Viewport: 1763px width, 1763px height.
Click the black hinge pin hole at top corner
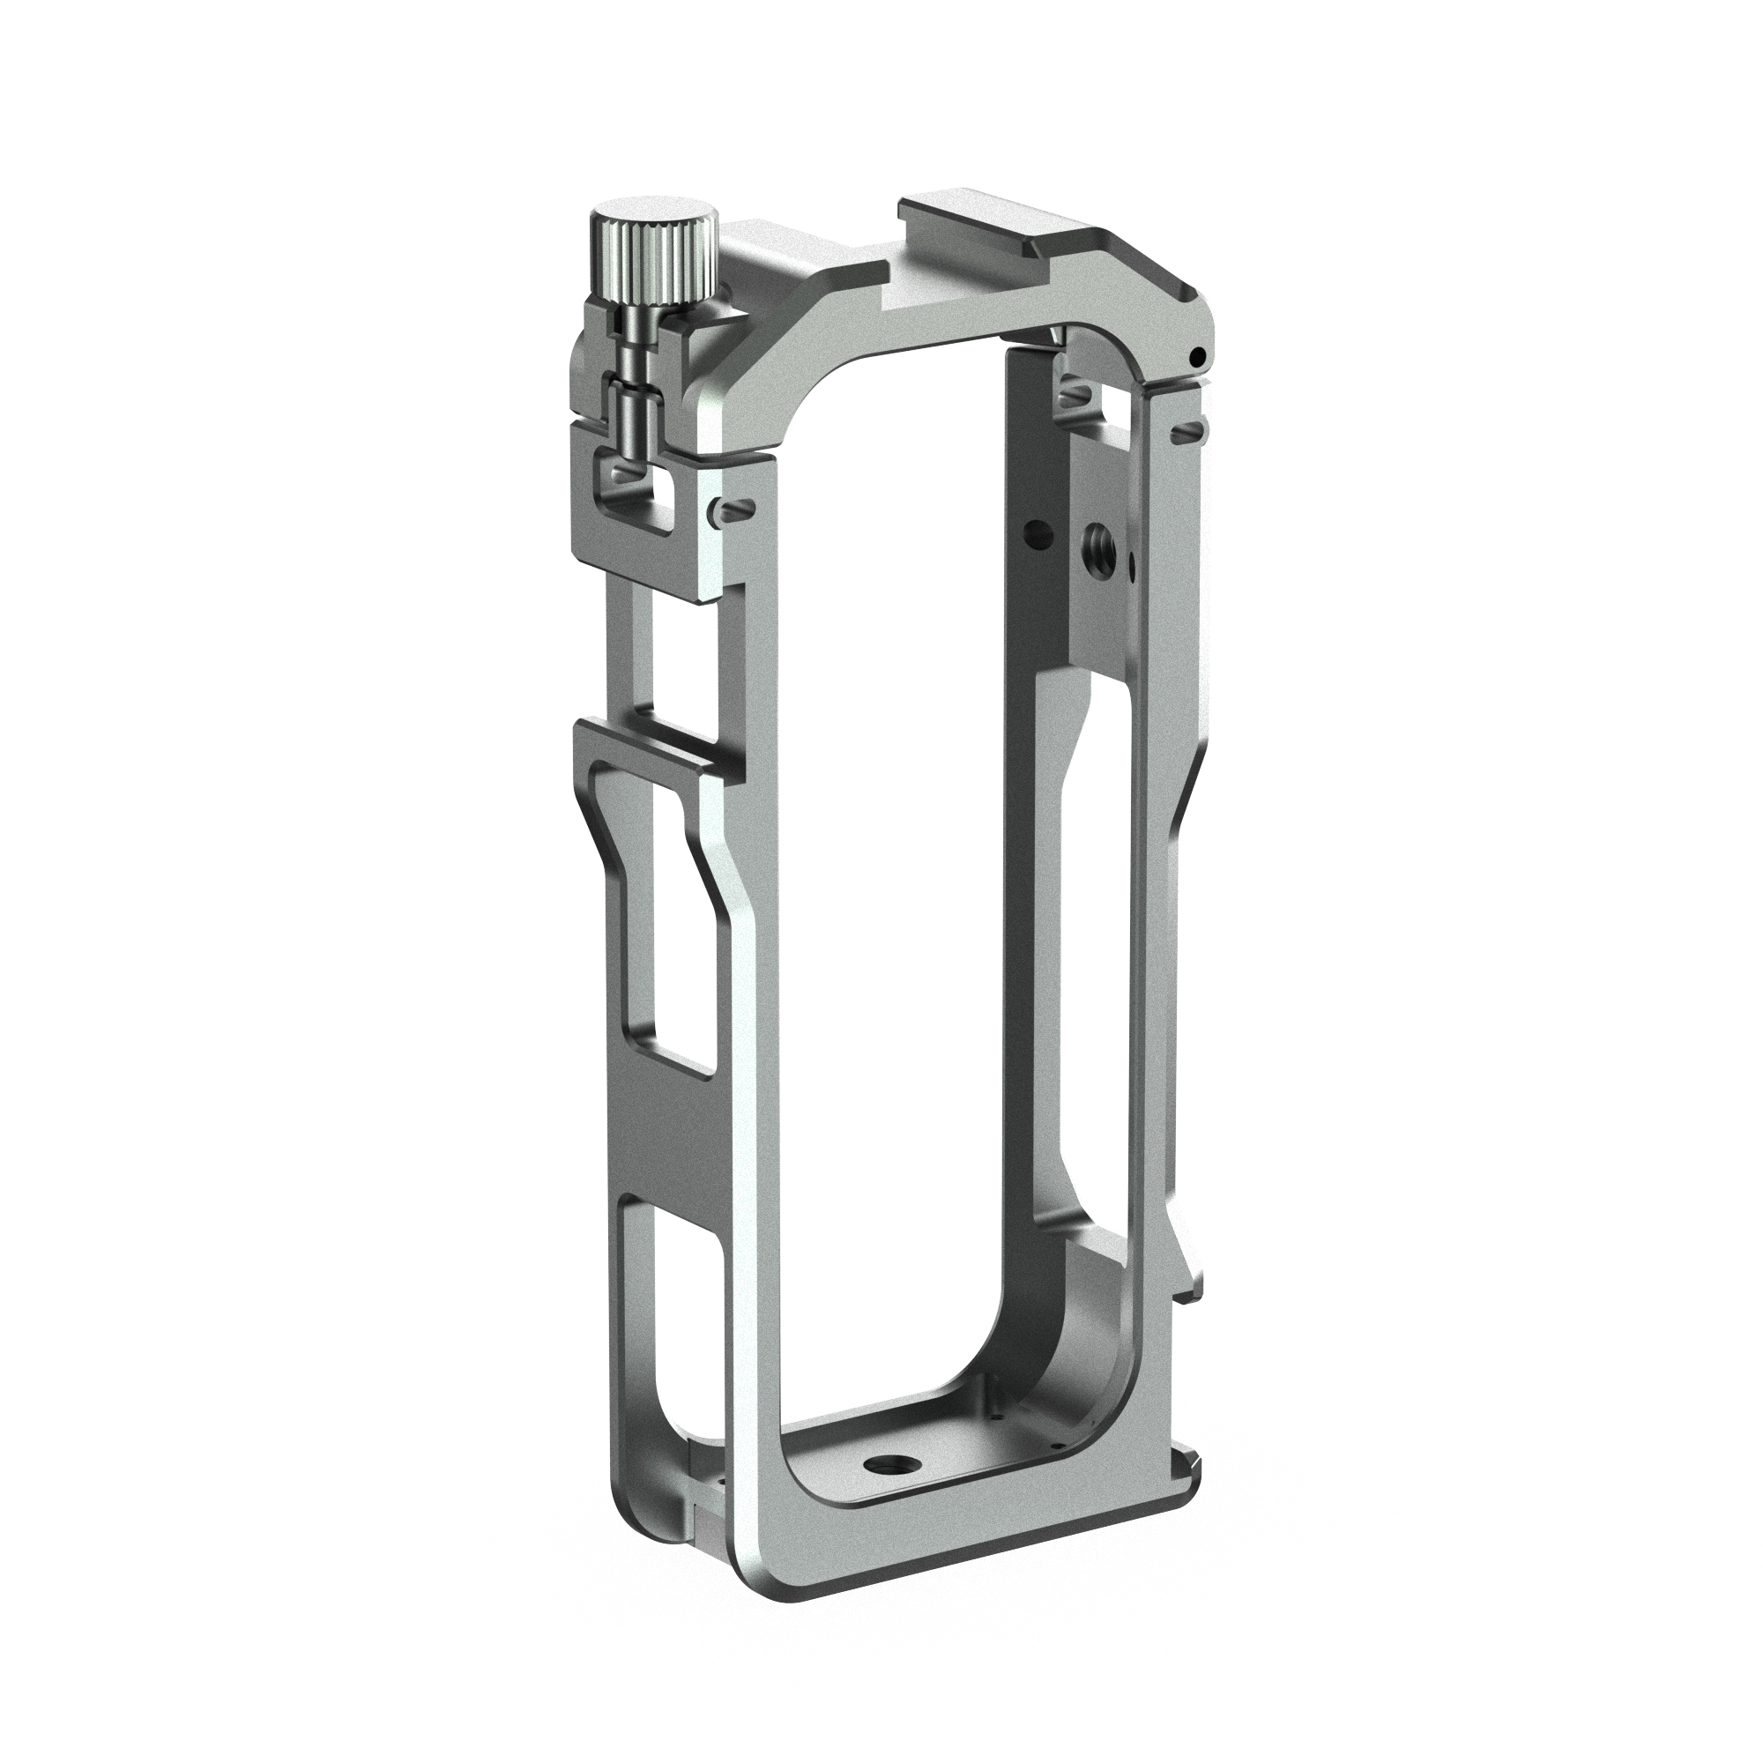[1198, 356]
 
